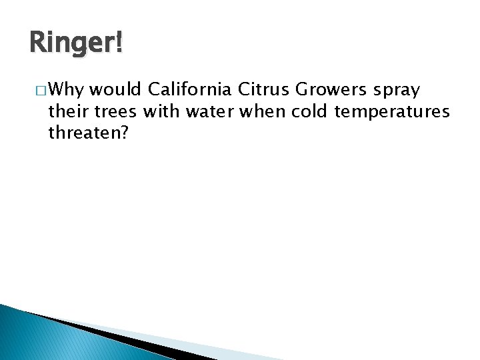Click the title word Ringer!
click(x=76, y=45)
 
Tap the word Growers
click(x=330, y=89)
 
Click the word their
click(x=69, y=111)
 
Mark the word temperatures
click(x=393, y=111)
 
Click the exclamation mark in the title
click(x=119, y=45)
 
